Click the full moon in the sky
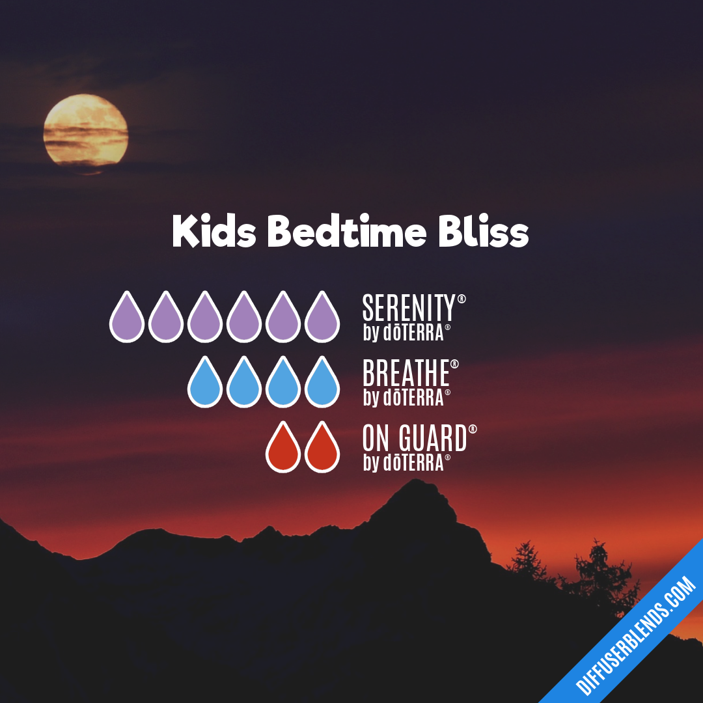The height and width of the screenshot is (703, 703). [86, 133]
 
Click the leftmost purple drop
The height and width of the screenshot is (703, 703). [127, 318]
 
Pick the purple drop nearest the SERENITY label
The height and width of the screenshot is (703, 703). [322, 318]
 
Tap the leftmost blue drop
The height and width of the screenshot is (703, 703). [205, 383]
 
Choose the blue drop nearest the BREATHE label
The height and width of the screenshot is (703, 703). [322, 383]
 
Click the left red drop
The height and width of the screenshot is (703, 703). [283, 448]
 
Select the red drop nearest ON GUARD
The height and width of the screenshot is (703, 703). [322, 448]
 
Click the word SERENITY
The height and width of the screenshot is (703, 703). [409, 308]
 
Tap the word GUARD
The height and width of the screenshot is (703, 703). [433, 439]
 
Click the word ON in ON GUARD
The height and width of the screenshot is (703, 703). [376, 439]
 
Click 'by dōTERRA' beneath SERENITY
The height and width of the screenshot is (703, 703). [404, 333]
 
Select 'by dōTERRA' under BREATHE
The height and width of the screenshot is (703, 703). [404, 398]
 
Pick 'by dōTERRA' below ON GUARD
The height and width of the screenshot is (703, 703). [404, 463]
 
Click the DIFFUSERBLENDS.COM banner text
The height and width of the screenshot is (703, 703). [637, 637]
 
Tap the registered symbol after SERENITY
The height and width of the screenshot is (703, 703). [462, 299]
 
